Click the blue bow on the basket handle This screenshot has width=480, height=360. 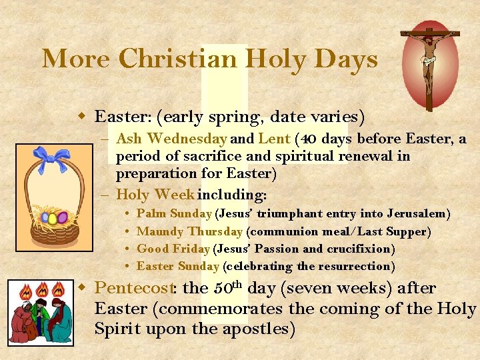53,159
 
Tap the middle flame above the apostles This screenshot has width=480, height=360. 43,291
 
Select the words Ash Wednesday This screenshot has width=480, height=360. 171,139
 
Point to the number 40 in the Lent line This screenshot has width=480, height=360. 309,139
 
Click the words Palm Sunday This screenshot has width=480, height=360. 173,214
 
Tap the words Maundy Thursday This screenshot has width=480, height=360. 189,231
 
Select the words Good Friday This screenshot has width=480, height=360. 173,249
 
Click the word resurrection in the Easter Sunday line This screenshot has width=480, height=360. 357,266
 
